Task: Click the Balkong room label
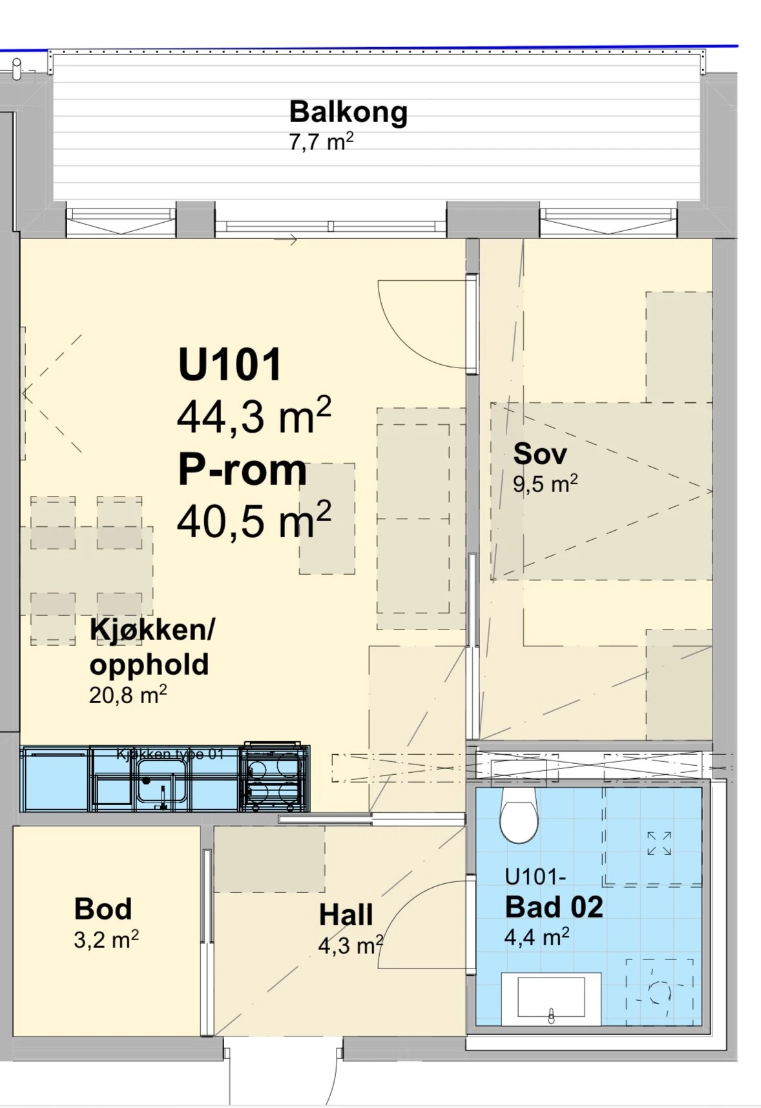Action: (x=348, y=112)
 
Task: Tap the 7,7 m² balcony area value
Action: (x=321, y=141)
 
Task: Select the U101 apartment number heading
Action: (x=230, y=365)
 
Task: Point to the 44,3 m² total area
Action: (x=254, y=415)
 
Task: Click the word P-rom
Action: (x=242, y=469)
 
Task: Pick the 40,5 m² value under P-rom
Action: (x=254, y=520)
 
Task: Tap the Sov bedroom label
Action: (x=539, y=454)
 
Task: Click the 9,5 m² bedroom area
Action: (x=545, y=484)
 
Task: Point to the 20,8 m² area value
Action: (x=128, y=695)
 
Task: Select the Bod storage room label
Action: (x=103, y=908)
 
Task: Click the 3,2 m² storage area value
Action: (x=106, y=939)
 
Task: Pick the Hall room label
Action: (x=346, y=914)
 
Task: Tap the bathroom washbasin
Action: (x=551, y=999)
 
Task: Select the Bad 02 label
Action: (x=554, y=907)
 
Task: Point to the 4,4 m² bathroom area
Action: (x=537, y=936)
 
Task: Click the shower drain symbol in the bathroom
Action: (x=660, y=992)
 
